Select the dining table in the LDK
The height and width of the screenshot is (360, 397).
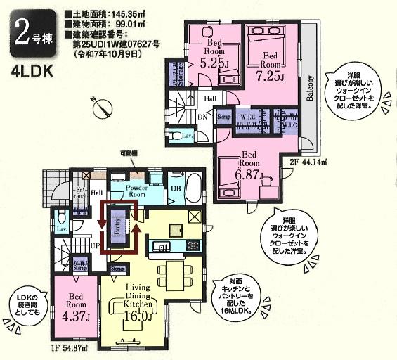click(170, 271)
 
